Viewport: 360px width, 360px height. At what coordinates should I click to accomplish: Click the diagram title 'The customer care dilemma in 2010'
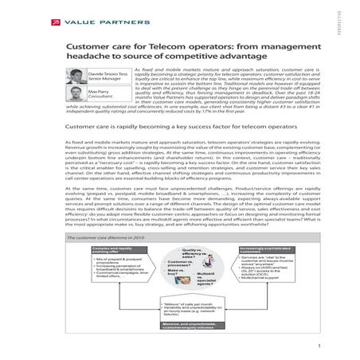(x=99, y=237)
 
